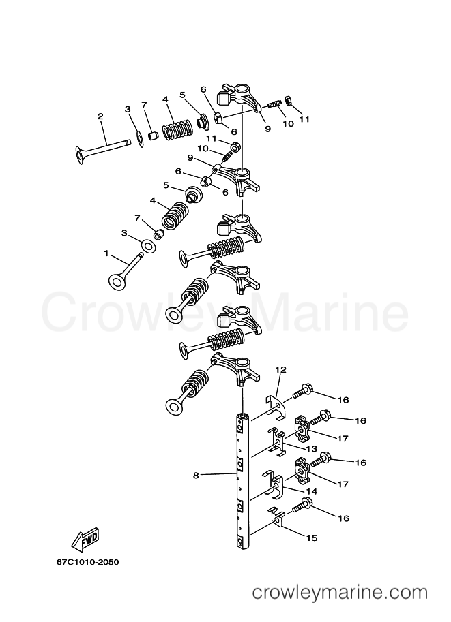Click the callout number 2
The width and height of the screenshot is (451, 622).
(100, 116)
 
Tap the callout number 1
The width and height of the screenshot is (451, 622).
(106, 253)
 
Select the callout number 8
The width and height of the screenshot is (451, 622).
(196, 475)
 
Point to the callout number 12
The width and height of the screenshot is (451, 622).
(280, 370)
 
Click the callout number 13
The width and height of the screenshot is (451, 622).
(312, 449)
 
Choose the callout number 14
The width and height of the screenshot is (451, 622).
(312, 491)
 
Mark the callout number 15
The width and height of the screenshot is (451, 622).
(312, 538)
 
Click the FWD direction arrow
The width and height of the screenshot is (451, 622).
(85, 540)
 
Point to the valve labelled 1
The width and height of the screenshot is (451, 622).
(125, 270)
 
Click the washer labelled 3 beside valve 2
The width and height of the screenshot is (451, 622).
(140, 138)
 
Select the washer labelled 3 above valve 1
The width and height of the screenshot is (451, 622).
(149, 246)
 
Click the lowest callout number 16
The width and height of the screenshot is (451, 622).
(343, 518)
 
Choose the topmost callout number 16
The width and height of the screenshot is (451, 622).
(343, 400)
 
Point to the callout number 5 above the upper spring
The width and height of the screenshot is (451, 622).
(182, 95)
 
